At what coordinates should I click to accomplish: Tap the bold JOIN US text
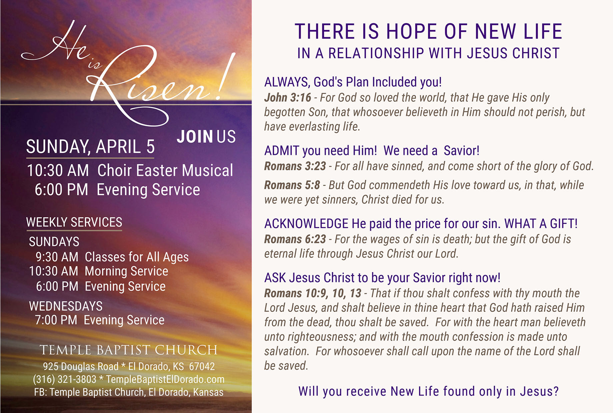pos(206,137)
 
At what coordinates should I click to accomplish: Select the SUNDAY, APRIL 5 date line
pos(90,147)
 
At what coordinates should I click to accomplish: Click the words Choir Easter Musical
pos(165,170)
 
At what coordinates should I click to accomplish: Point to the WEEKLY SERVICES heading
pos(74,222)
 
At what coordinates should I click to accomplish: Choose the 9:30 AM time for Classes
pos(57,257)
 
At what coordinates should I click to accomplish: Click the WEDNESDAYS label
pos(66,306)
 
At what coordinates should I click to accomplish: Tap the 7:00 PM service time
pos(56,320)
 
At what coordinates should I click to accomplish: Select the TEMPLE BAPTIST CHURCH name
pos(129,350)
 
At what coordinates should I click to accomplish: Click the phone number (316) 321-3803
pos(65,379)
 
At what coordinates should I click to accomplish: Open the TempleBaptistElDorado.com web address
pos(165,379)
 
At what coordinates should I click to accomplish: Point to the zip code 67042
pos(202,366)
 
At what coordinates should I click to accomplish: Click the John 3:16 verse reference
pos(288,98)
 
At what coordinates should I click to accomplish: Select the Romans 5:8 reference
pos(292,185)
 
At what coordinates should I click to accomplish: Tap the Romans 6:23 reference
pos(295,239)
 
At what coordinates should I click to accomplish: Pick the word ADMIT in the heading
pos(282,151)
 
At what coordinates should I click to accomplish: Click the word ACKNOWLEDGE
pos(306,224)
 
